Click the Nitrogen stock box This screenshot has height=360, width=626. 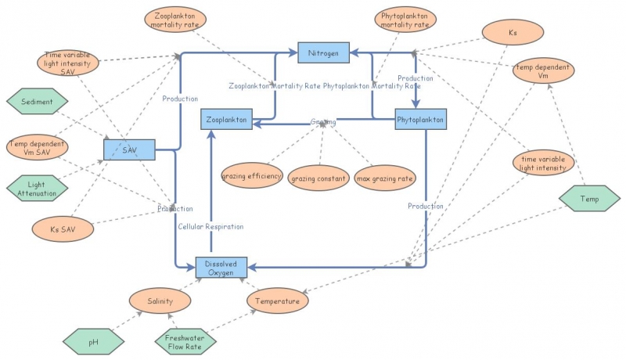tap(324, 53)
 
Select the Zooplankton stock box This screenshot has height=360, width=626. tap(227, 120)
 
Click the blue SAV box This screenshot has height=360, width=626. tap(129, 149)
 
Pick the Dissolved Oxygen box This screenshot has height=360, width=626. tap(221, 268)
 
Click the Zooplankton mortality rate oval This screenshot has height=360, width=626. tap(176, 20)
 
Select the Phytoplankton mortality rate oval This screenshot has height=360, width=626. tap(405, 20)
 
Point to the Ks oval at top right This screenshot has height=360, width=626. tap(513, 33)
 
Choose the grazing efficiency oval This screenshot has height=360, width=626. tap(252, 176)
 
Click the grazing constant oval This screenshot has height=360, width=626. tap(318, 179)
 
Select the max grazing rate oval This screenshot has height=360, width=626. tap(385, 179)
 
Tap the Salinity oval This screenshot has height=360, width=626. tap(160, 301)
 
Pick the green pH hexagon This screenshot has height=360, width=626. tap(93, 342)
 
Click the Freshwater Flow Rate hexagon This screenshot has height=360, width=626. tap(185, 342)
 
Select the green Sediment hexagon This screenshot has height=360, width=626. tap(37, 102)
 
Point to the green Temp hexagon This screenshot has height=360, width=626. tap(588, 199)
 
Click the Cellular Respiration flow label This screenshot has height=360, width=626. tap(210, 226)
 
